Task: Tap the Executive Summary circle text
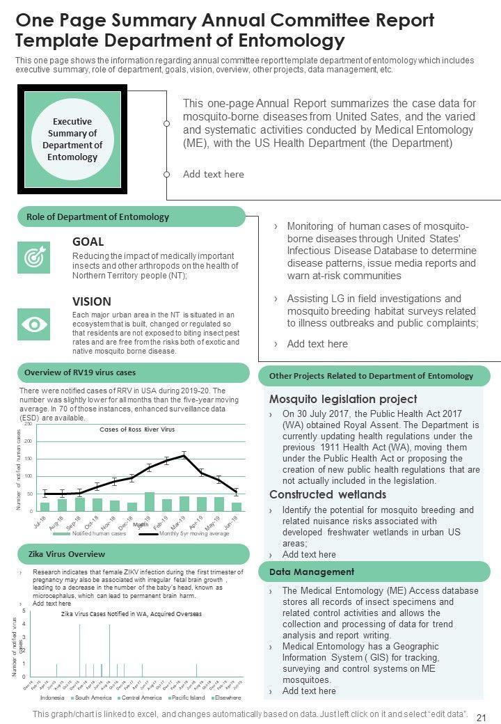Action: point(72,139)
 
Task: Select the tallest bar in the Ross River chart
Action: point(150,501)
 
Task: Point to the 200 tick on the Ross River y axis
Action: point(29,441)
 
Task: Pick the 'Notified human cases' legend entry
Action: point(98,534)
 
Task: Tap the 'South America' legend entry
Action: point(93,698)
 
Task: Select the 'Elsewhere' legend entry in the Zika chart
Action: point(228,698)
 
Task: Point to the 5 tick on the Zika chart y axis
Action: point(24,611)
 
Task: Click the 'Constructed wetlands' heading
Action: point(328,494)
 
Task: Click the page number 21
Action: point(479,717)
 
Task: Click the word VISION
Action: point(92,301)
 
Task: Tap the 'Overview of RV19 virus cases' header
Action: point(80,372)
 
